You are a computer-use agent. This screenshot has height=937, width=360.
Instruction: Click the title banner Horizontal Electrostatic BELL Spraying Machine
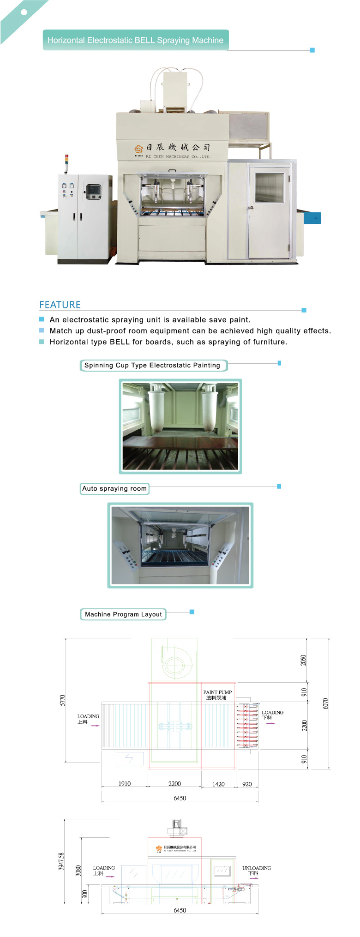tap(135, 40)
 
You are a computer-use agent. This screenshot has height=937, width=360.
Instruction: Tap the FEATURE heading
tap(60, 305)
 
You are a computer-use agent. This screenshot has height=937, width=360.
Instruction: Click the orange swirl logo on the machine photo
tap(138, 149)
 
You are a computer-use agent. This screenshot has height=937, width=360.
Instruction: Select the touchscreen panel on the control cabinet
tap(93, 191)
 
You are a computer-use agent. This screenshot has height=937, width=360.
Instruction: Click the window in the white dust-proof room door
tap(270, 187)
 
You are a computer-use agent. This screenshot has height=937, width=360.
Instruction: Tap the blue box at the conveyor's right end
tap(312, 218)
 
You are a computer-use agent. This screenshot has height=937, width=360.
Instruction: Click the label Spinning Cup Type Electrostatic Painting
tap(152, 365)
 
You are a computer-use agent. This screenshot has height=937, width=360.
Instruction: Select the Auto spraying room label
tap(114, 488)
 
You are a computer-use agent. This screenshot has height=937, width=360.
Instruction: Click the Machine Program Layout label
tap(123, 614)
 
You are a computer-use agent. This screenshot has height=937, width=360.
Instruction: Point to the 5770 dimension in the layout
tap(63, 700)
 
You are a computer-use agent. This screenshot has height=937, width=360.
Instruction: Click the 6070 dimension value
tap(325, 703)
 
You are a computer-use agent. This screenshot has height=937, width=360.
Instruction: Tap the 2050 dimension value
tap(304, 660)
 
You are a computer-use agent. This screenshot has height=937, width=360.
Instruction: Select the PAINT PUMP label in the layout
tap(217, 692)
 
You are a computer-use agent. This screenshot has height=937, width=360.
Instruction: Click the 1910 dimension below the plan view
tap(125, 783)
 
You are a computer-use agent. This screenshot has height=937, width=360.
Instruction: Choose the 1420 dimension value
tap(218, 784)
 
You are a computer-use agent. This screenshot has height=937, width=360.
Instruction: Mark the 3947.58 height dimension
tap(61, 861)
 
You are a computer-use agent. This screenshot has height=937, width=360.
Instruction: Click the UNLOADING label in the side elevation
tap(257, 868)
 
